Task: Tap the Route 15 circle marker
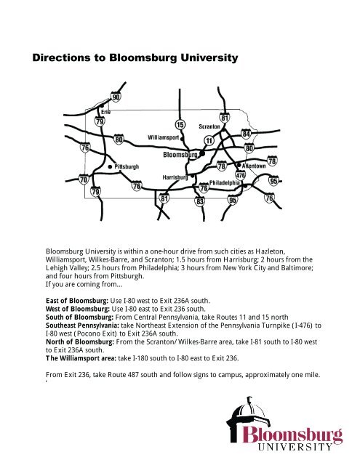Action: [x=180, y=125]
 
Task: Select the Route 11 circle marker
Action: [x=209, y=140]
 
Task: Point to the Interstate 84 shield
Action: [x=247, y=134]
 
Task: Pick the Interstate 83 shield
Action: [x=199, y=201]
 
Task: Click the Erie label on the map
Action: [x=106, y=111]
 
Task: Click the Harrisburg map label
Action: [x=175, y=177]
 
